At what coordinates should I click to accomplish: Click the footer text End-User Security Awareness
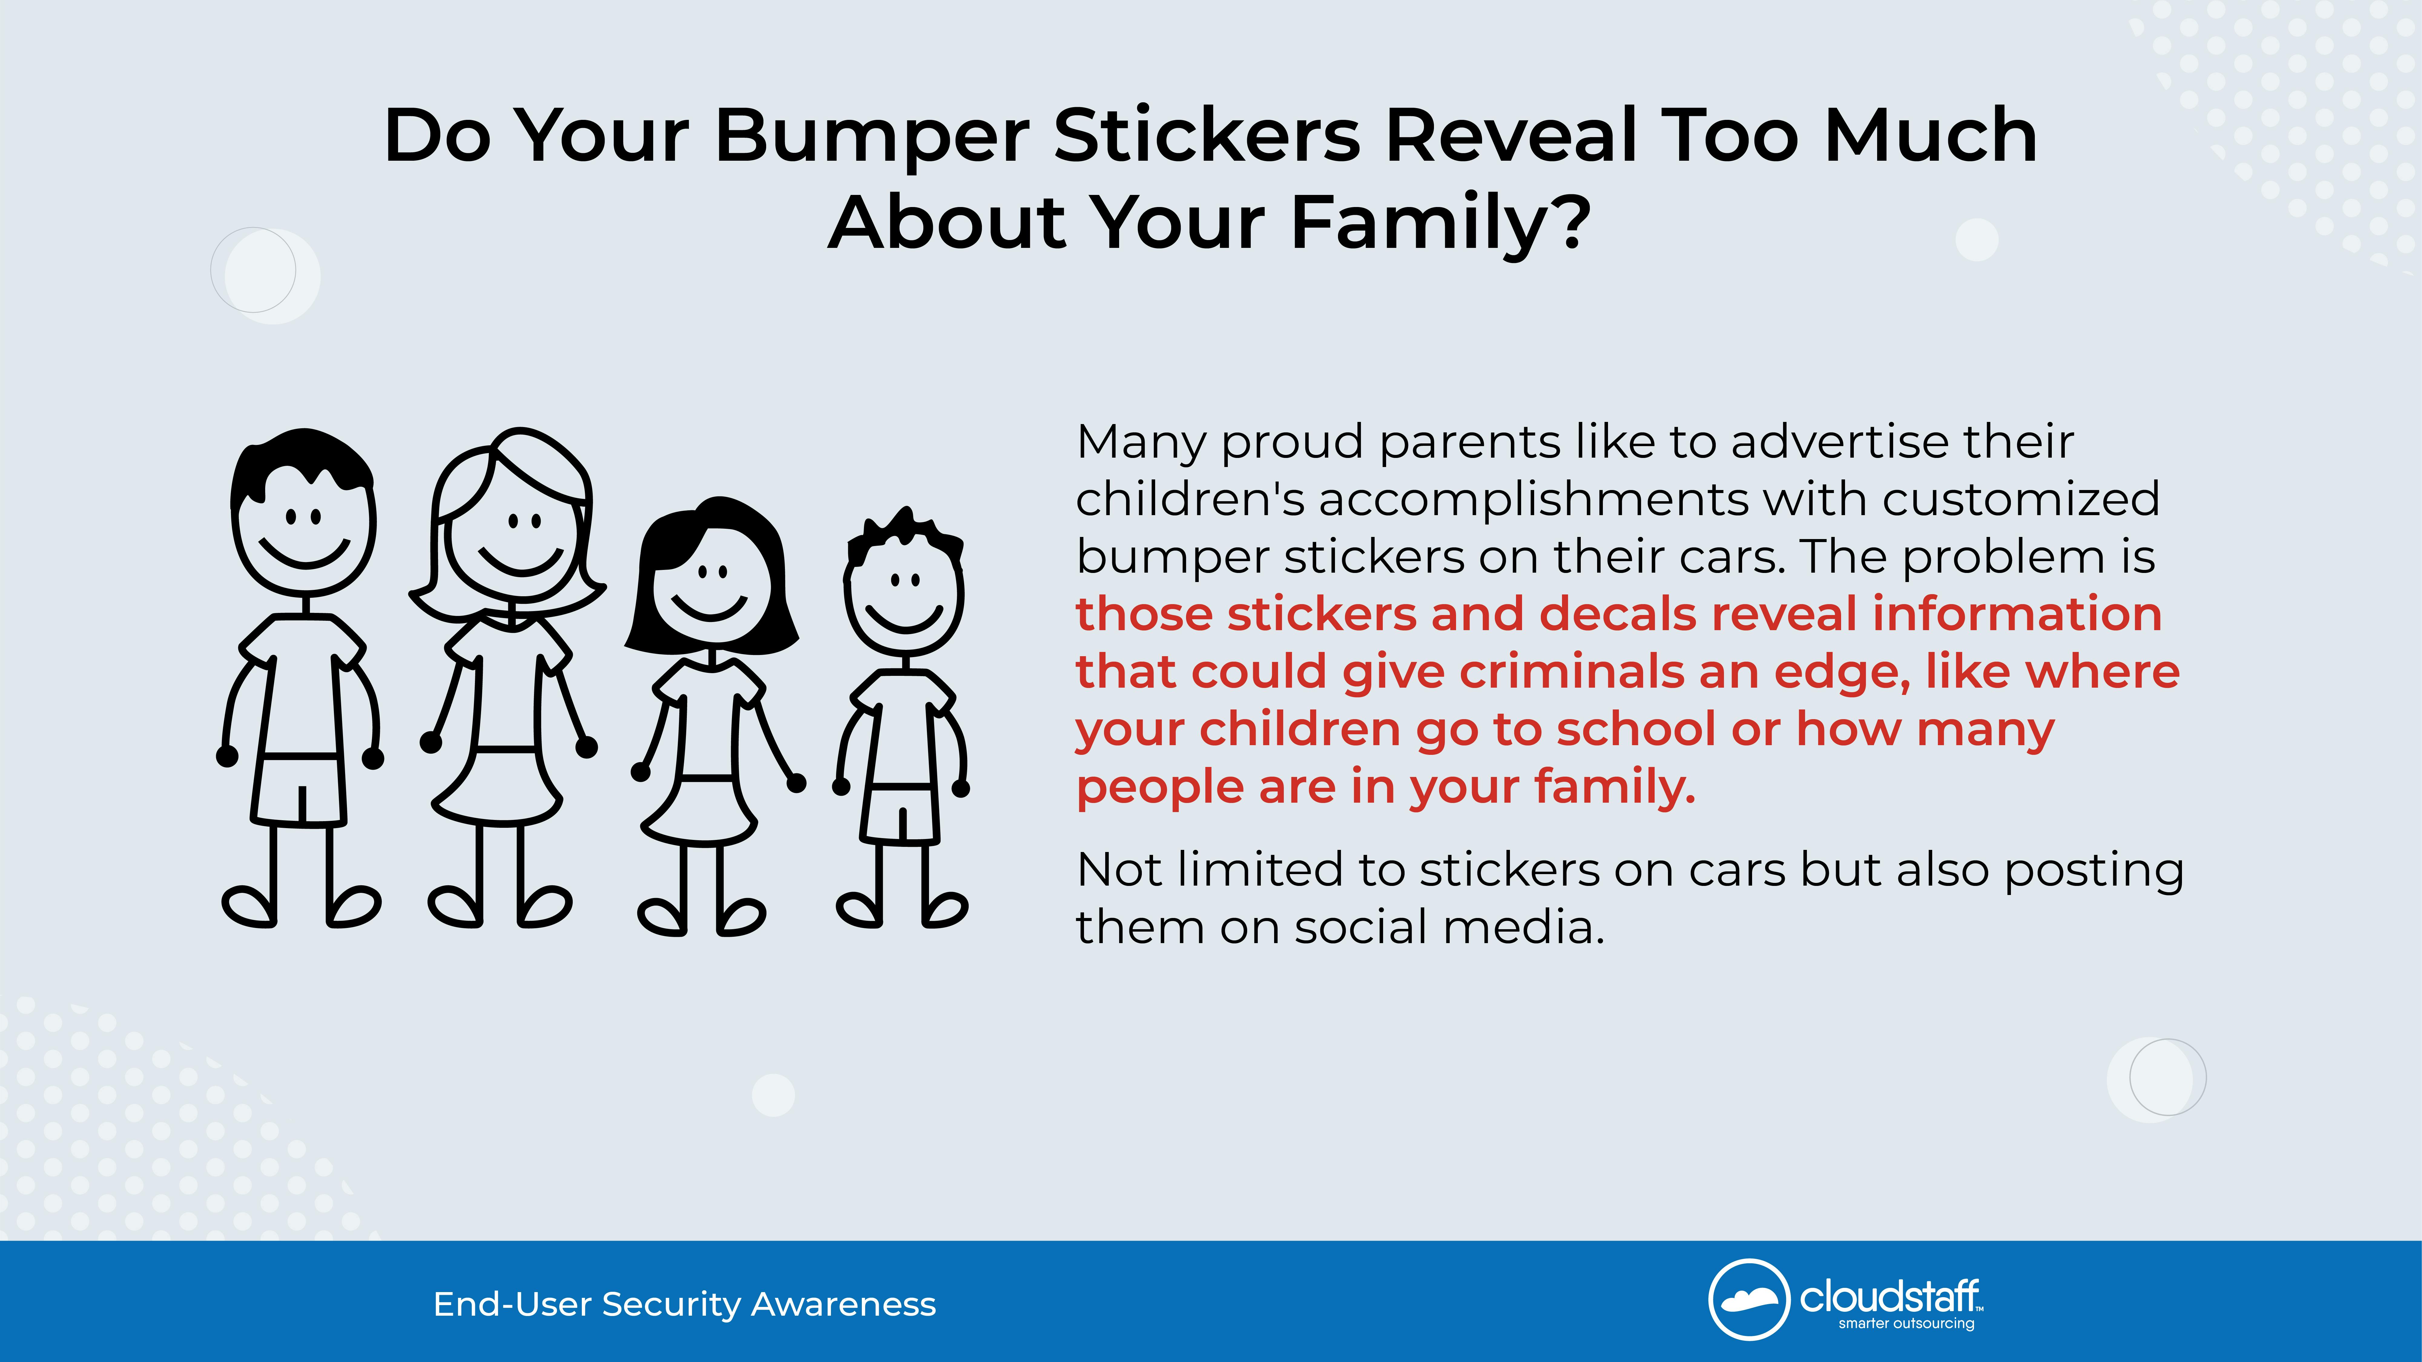684,1305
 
